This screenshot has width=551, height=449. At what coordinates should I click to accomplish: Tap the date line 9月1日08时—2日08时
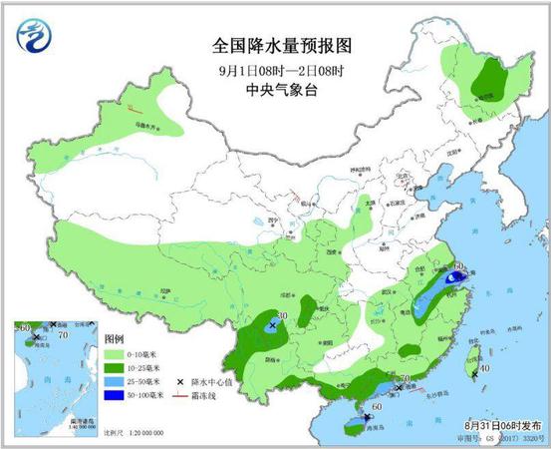pos(283,70)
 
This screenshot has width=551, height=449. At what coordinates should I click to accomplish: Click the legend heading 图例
pos(117,338)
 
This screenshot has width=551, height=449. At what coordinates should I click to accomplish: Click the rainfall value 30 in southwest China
pos(282,316)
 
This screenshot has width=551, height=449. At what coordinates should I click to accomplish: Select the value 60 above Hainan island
pos(377,407)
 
